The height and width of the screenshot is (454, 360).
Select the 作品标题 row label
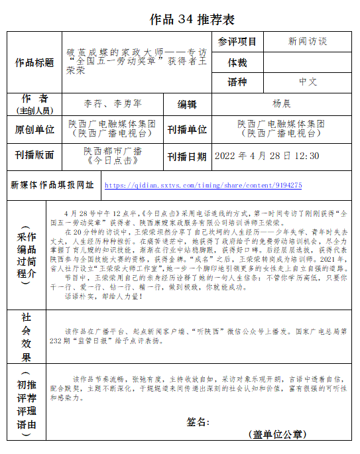pyautogui.click(x=34, y=63)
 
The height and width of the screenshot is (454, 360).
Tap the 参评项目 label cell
pyautogui.click(x=237, y=42)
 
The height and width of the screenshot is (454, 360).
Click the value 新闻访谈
pyautogui.click(x=308, y=42)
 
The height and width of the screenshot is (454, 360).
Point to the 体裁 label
pyautogui.click(x=237, y=62)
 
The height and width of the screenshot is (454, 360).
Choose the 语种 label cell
pyautogui.click(x=237, y=82)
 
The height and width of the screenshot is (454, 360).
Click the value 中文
pyautogui.click(x=308, y=82)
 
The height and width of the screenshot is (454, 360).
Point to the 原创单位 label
pyautogui.click(x=34, y=129)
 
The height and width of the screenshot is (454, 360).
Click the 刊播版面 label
pyautogui.click(x=34, y=156)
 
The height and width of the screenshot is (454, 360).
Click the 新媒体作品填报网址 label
pyautogui.click(x=52, y=185)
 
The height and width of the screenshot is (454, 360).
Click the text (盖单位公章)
pyautogui.click(x=277, y=434)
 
